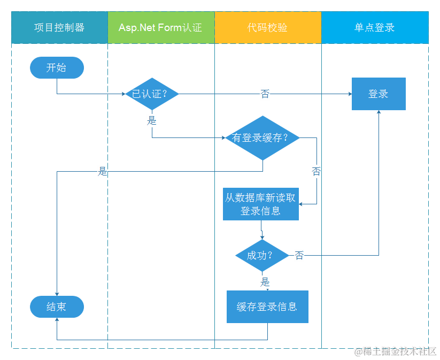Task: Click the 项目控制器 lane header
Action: [59, 27]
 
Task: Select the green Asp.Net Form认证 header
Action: [161, 27]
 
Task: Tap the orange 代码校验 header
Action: [268, 27]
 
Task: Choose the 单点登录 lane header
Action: [375, 27]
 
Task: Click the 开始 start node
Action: [57, 68]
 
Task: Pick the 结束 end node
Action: [57, 307]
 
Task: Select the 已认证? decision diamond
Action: [152, 94]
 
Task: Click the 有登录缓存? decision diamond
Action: [262, 137]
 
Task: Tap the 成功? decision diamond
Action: [262, 255]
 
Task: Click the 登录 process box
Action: [379, 94]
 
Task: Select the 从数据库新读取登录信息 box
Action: [260, 204]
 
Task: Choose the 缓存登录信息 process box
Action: [267, 307]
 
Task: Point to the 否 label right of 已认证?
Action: [265, 94]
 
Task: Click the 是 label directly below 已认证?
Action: [152, 121]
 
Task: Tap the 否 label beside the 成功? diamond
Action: [299, 256]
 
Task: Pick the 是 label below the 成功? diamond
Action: [265, 281]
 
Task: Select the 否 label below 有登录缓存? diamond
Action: [317, 172]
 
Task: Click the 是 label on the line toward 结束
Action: [103, 172]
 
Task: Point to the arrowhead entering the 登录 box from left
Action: [350, 94]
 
